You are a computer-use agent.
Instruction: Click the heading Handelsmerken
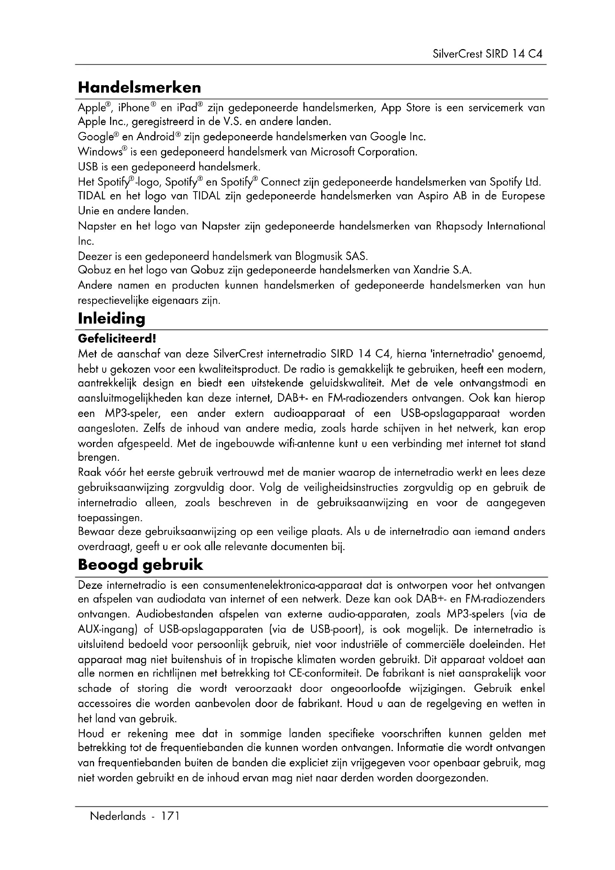coord(139,88)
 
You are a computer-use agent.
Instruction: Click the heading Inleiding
coord(111,319)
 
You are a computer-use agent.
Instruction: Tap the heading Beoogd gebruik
coord(141,565)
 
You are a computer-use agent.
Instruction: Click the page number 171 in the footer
coord(169,816)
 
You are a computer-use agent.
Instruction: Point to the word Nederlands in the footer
coord(117,816)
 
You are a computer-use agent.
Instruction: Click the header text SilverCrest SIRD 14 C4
coord(487,54)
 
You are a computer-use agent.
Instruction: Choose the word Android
coord(156,137)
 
